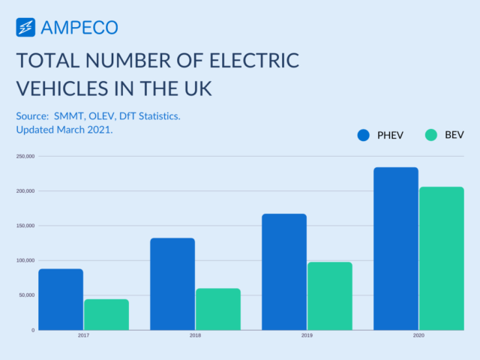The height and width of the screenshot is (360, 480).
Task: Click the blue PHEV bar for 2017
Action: coord(61,299)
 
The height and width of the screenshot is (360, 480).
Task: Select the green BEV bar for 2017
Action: coord(106,314)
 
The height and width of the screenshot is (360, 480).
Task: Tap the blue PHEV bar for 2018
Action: coord(172,283)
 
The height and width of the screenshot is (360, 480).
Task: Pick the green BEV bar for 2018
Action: coord(218,309)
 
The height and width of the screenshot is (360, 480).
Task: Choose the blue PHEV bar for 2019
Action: coord(284,271)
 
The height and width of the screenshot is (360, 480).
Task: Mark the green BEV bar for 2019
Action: coord(330,295)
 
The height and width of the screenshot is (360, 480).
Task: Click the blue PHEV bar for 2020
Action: coord(396,248)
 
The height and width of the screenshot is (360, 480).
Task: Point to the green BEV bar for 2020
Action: coord(442,258)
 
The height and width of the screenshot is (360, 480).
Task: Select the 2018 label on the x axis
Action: coord(195,335)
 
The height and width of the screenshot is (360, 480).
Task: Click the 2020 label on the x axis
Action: coord(418,335)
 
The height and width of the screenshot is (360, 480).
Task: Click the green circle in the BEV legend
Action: coord(430,135)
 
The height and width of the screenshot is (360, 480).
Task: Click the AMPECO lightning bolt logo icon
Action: coord(25,28)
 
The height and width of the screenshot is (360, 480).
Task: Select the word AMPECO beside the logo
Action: coord(79,28)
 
